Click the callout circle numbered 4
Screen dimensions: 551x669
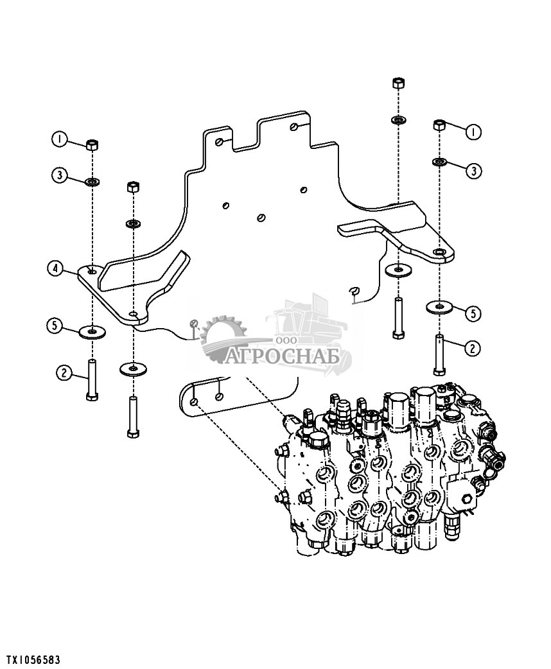(55, 269)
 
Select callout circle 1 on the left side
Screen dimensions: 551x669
(60, 139)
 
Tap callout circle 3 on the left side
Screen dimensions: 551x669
(60, 175)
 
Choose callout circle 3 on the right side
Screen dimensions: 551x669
(474, 171)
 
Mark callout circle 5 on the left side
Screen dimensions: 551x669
(54, 326)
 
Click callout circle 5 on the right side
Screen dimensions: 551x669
(473, 313)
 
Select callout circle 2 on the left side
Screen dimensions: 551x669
(64, 373)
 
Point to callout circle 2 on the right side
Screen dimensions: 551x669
(472, 349)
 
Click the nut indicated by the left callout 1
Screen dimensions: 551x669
(92, 144)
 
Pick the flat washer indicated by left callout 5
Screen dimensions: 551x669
(92, 331)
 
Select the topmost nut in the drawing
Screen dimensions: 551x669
(398, 83)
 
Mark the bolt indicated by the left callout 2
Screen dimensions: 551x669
(92, 380)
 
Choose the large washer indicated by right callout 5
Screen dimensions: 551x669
(439, 306)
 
